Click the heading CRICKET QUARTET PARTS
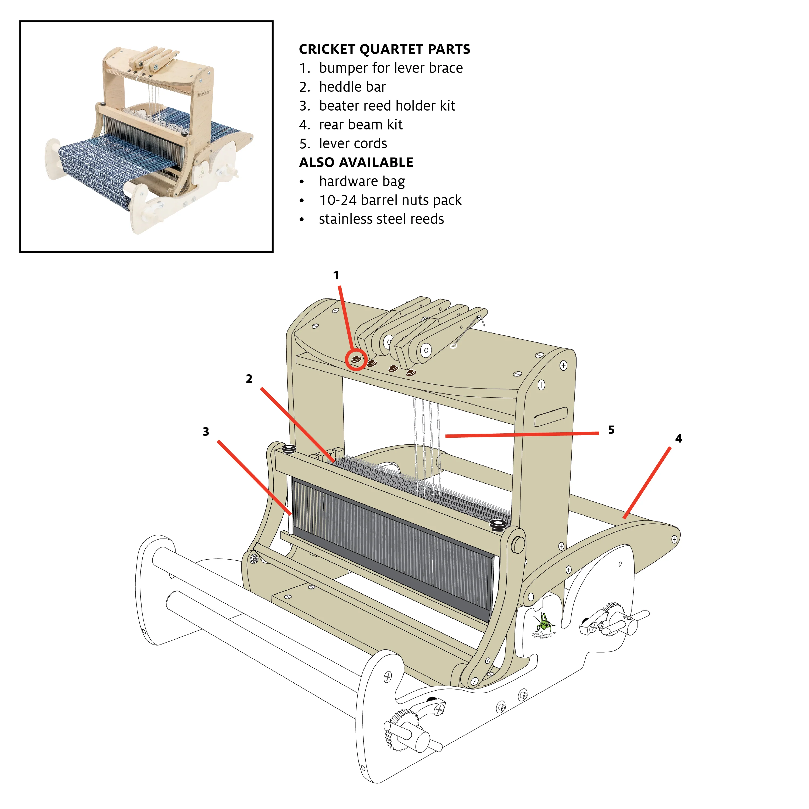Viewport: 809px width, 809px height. pos(384,49)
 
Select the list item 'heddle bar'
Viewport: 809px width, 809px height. pos(352,87)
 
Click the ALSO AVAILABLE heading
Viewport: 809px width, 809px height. pos(356,162)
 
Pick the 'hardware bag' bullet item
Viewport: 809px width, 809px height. pos(362,181)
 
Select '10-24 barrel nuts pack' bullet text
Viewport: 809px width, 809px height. pos(390,200)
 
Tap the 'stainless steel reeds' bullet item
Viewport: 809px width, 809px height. pos(381,219)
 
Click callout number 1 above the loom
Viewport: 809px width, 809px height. pos(336,276)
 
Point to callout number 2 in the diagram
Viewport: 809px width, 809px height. pos(249,379)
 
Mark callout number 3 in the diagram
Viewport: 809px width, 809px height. pos(206,432)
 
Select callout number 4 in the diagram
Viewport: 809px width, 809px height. pos(678,438)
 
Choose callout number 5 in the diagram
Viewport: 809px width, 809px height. pos(611,430)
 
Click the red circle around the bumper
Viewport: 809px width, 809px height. pos(356,360)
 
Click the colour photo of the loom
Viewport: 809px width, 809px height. pos(146,137)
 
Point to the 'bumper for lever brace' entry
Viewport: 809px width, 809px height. pos(391,68)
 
